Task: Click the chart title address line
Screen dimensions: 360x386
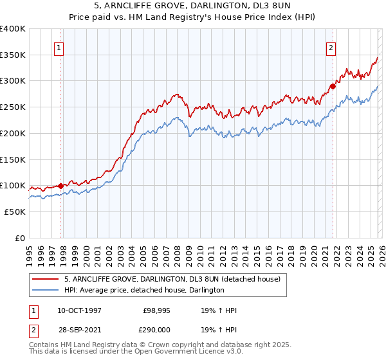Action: (192, 6)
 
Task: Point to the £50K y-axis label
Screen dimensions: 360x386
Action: (14, 212)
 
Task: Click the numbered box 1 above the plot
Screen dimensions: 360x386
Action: (59, 48)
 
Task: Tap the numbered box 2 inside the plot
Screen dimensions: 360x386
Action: (330, 48)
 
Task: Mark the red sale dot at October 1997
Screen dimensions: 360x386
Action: (61, 186)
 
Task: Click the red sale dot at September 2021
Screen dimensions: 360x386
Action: (333, 85)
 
